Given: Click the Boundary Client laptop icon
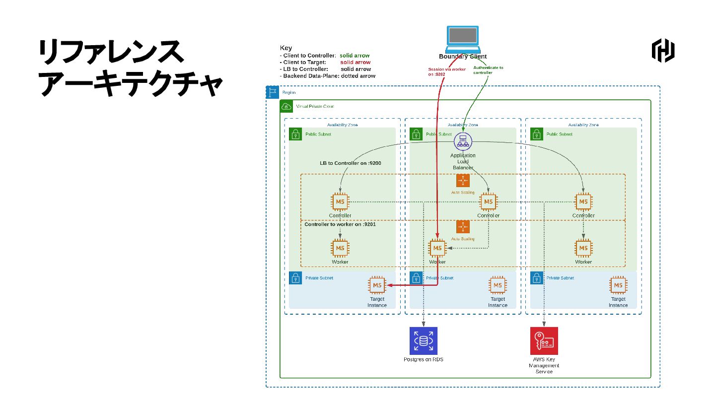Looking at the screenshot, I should (x=463, y=39).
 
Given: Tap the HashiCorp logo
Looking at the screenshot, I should (x=663, y=51).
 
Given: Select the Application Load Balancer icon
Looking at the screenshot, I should (x=463, y=142).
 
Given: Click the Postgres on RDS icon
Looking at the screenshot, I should (x=423, y=341).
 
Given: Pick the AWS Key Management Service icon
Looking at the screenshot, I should (x=544, y=341).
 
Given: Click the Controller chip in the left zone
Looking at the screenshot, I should (x=340, y=202).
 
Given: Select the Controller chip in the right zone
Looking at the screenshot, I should (x=583, y=202).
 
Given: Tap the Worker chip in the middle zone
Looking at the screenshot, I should (x=437, y=248).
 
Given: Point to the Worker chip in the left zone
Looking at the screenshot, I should (x=340, y=248).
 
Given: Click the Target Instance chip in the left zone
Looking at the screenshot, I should (x=377, y=285).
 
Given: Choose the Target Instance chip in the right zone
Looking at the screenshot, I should (x=618, y=285).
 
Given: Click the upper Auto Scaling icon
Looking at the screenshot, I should (x=463, y=181).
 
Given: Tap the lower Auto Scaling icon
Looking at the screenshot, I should (x=463, y=227).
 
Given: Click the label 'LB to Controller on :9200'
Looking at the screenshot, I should (x=350, y=163).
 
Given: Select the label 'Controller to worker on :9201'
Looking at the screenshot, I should (x=340, y=224).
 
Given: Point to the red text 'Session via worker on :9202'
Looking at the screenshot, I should (x=447, y=72).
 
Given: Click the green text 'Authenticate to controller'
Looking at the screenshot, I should (x=488, y=70).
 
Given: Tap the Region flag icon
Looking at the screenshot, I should (x=273, y=92).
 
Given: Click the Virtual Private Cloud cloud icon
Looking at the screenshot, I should (x=286, y=106).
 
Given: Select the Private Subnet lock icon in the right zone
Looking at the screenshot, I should (x=537, y=278).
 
